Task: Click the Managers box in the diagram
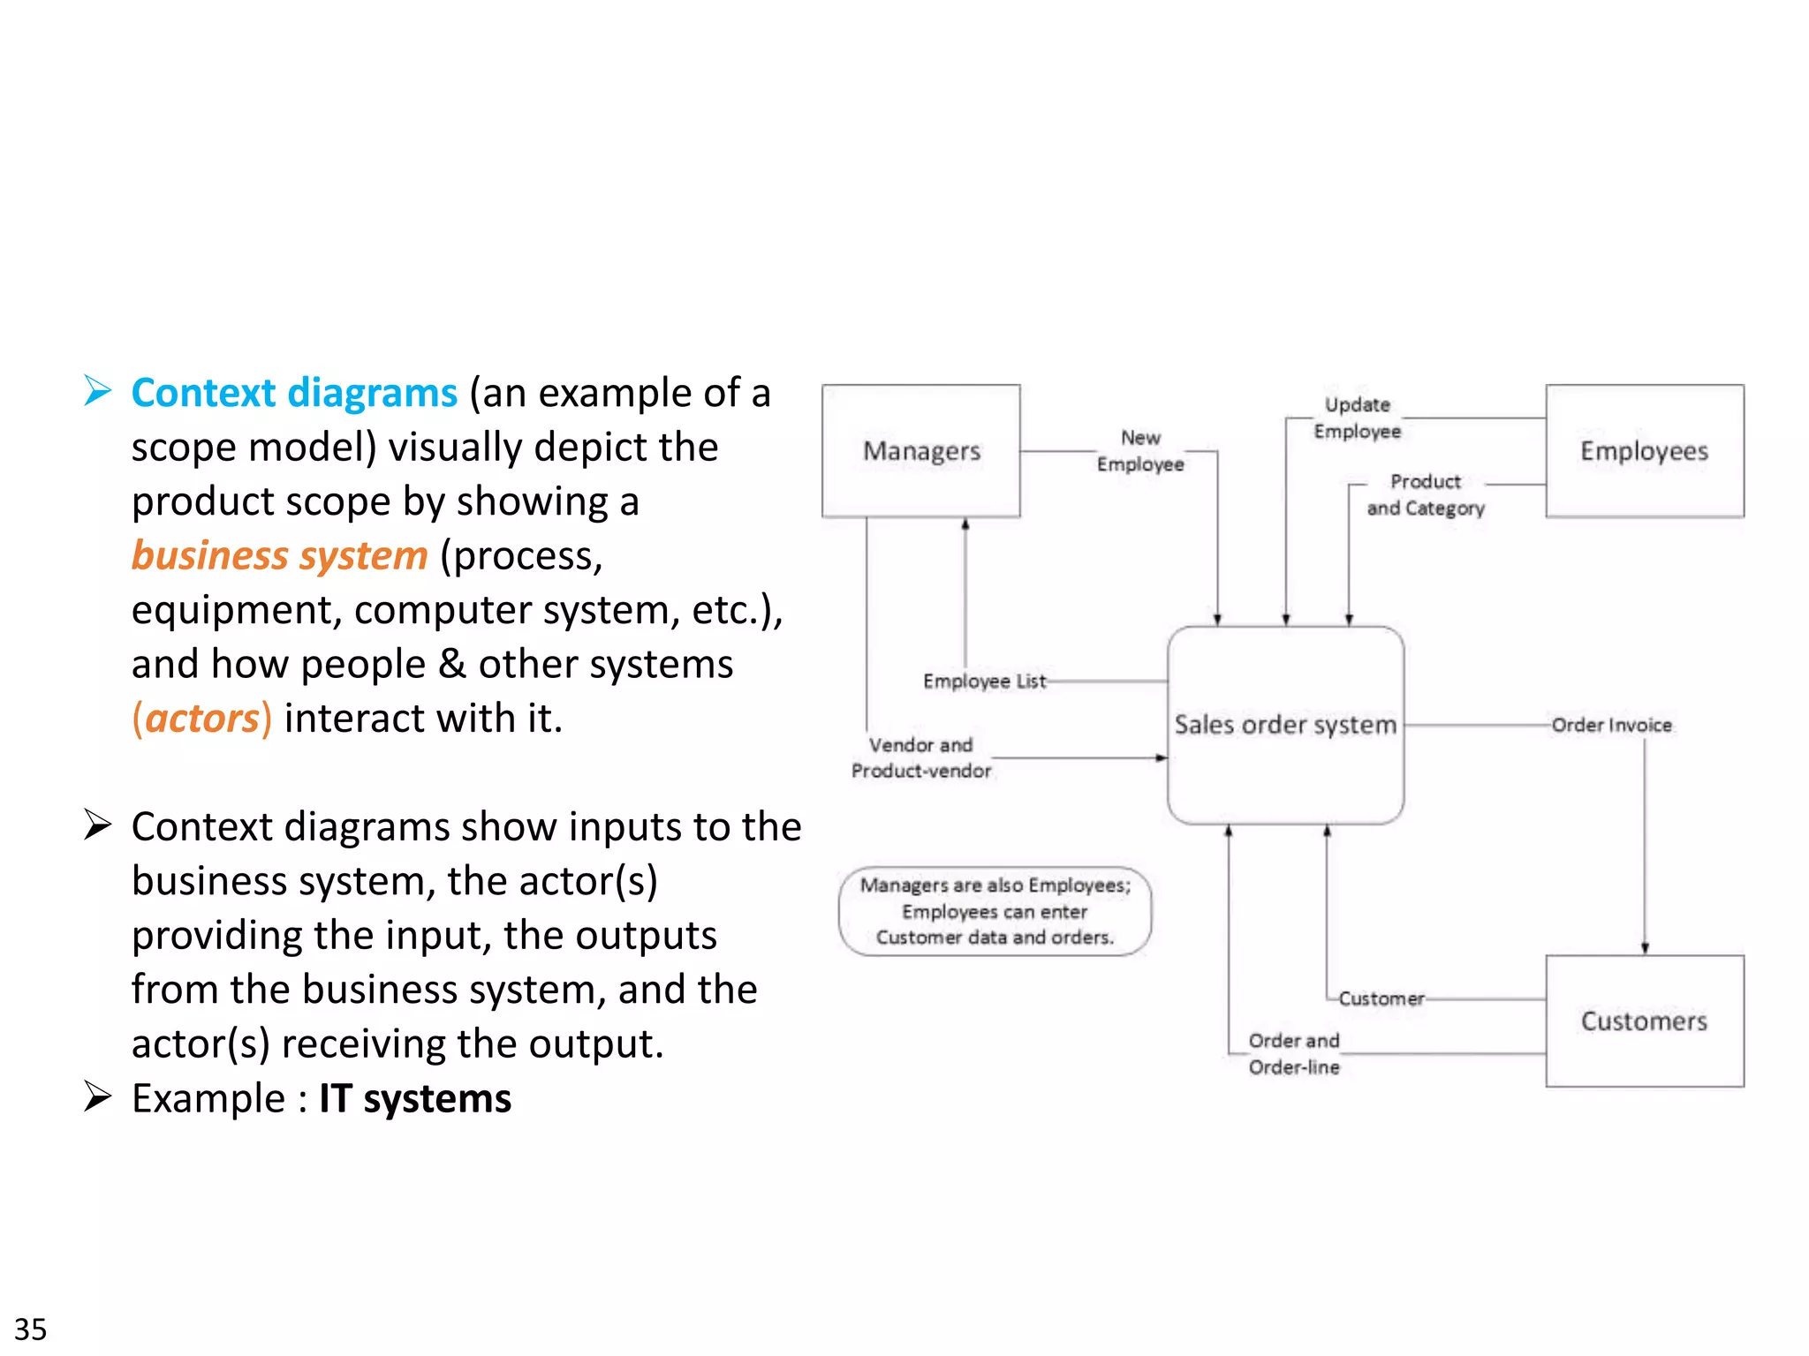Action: (x=920, y=450)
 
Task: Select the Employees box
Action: (x=1644, y=450)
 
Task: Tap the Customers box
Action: (x=1644, y=1021)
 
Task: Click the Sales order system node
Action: (x=1285, y=725)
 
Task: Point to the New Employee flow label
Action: (x=1140, y=450)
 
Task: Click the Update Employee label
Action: (x=1357, y=418)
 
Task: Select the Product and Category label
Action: (x=1425, y=494)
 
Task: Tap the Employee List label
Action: (x=984, y=681)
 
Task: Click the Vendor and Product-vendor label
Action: (x=920, y=757)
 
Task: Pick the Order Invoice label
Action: (x=1611, y=725)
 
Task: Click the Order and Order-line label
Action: (x=1293, y=1053)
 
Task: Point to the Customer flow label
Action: (x=1381, y=998)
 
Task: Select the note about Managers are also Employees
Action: (x=995, y=911)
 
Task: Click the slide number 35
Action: (x=31, y=1329)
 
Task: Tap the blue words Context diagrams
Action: (x=294, y=393)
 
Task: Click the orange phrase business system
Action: (x=279, y=555)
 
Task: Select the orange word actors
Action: (x=202, y=718)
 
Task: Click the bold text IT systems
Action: (x=414, y=1098)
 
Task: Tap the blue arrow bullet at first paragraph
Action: (x=97, y=390)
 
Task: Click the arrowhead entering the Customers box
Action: (x=1645, y=947)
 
